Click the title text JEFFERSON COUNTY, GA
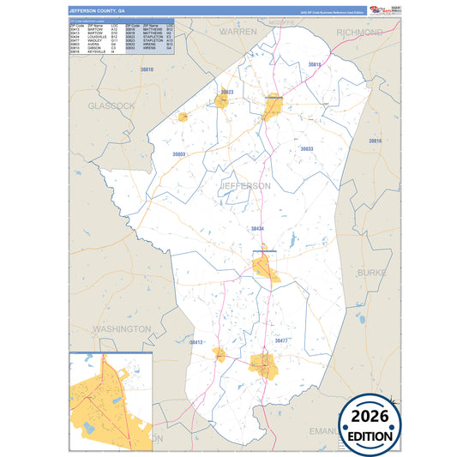click(97, 10)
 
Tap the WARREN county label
click(238, 31)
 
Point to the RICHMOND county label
click(360, 33)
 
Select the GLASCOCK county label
click(111, 105)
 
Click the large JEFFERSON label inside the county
click(246, 185)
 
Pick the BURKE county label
click(372, 272)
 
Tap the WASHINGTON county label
click(121, 329)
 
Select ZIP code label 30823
click(225, 91)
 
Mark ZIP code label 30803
click(178, 154)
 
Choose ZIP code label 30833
click(306, 149)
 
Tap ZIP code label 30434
click(257, 229)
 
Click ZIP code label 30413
click(196, 342)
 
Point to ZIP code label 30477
click(281, 341)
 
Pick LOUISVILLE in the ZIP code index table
click(96, 37)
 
